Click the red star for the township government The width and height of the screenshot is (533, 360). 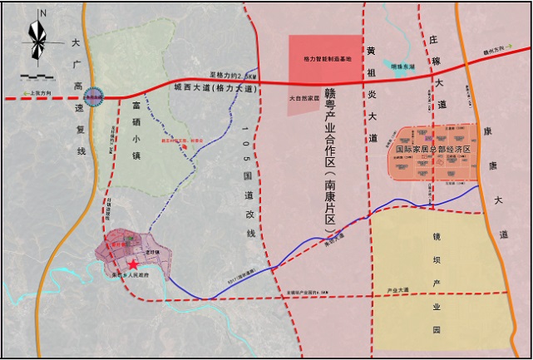click(x=132, y=263)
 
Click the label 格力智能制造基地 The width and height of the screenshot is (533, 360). click(x=325, y=60)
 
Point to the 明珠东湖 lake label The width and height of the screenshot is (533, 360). click(x=404, y=66)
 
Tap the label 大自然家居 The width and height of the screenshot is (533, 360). click(x=304, y=97)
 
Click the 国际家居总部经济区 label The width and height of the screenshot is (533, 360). click(x=432, y=149)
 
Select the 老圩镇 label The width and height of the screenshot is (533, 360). click(x=151, y=250)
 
